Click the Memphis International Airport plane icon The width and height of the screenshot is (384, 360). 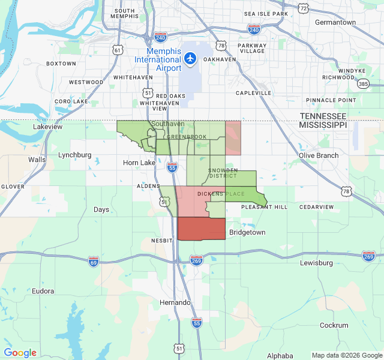tap(190, 58)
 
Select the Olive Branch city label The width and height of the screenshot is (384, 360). tap(319, 155)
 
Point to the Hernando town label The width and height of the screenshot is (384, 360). tap(175, 302)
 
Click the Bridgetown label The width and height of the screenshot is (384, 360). tap(247, 232)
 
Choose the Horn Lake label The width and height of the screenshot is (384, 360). tap(139, 163)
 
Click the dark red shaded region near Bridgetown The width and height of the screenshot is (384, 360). tap(202, 229)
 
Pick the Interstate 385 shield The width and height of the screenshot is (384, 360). tap(364, 85)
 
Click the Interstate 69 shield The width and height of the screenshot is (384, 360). tap(93, 262)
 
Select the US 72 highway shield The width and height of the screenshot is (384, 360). tap(304, 8)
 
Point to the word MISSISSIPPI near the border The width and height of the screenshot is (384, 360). tap(323, 125)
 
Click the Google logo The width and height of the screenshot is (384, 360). tap(20, 353)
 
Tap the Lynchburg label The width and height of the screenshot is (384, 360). tap(75, 155)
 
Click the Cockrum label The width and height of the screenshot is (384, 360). tap(334, 325)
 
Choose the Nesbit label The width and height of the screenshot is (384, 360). tap(162, 240)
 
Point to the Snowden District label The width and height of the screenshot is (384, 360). tap(223, 173)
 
